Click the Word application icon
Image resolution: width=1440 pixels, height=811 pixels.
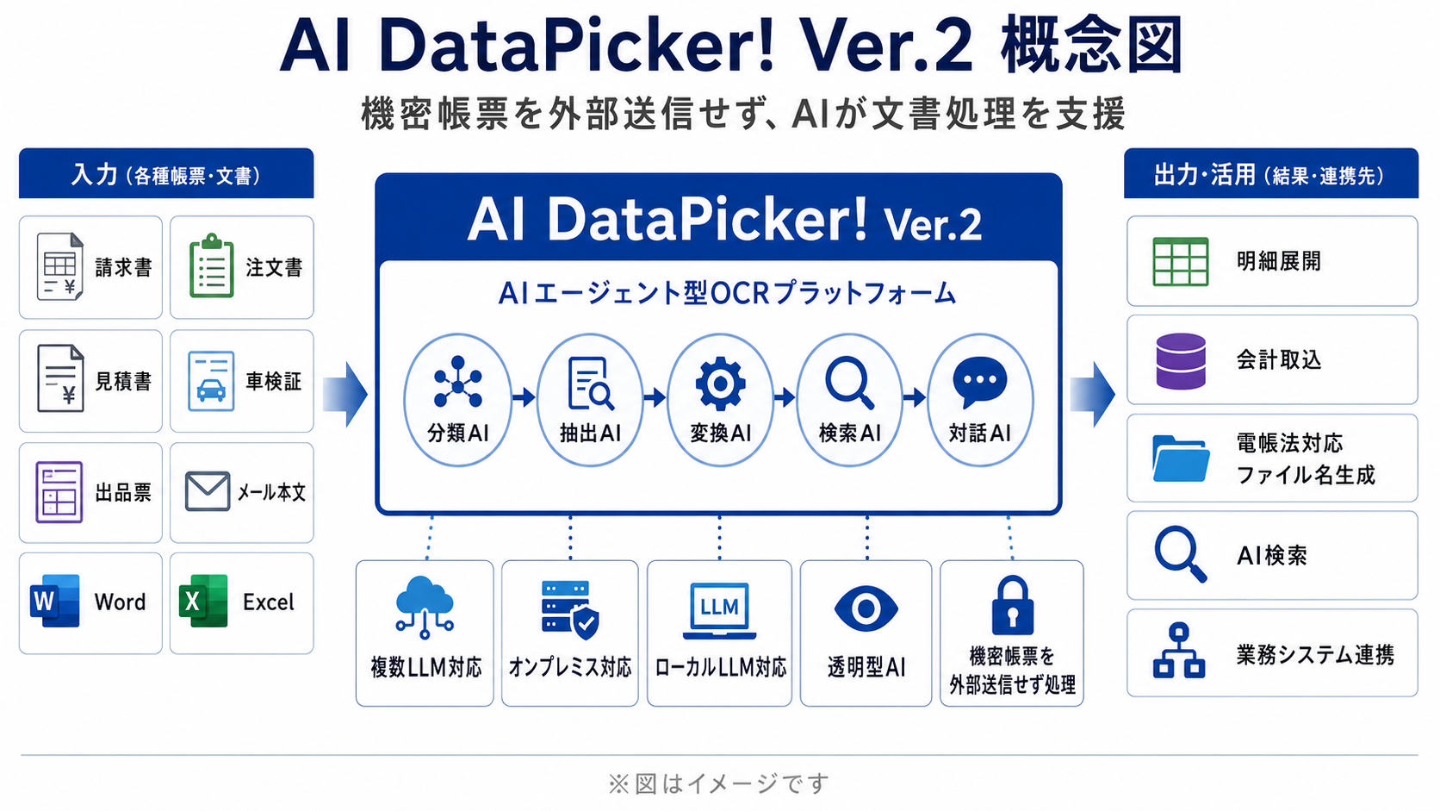55,601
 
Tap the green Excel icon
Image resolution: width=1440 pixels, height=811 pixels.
203,601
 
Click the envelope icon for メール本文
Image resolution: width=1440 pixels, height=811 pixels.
207,491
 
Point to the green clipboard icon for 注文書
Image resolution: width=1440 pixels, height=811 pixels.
212,266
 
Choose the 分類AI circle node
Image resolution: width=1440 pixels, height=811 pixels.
457,399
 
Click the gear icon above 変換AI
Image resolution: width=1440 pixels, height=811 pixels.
721,384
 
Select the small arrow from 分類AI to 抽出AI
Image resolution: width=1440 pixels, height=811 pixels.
524,397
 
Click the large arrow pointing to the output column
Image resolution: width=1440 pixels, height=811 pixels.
1092,394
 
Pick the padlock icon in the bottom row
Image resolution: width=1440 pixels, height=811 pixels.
1012,605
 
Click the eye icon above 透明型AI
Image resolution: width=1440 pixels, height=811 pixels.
866,608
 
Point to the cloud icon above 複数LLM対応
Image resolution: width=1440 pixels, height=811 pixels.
425,607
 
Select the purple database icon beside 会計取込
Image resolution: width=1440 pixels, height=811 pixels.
1180,361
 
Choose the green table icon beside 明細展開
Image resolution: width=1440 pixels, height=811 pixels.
1180,261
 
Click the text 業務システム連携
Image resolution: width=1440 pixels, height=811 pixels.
1315,655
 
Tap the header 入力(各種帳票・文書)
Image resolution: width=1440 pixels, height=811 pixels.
166,175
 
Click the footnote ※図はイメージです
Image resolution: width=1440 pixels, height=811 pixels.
719,783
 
